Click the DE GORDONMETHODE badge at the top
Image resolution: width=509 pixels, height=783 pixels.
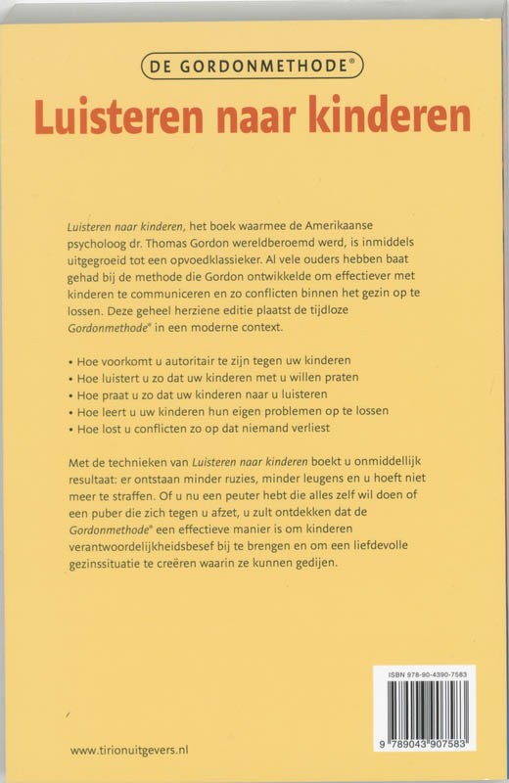tap(254, 68)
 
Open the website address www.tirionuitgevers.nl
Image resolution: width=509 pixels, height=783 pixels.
tap(129, 749)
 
